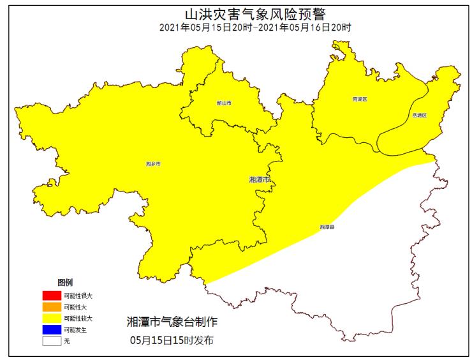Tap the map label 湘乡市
coord(153,164)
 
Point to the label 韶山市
coord(223,103)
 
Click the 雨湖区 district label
coord(360,100)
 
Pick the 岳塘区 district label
coord(419,116)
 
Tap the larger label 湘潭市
coord(260,180)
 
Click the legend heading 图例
coord(65,282)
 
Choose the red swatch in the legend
coord(52,296)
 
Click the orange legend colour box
coord(52,307)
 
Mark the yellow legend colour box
coord(52,318)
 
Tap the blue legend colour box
coord(52,329)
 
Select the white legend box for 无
coord(52,341)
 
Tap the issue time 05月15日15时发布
coord(172,340)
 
